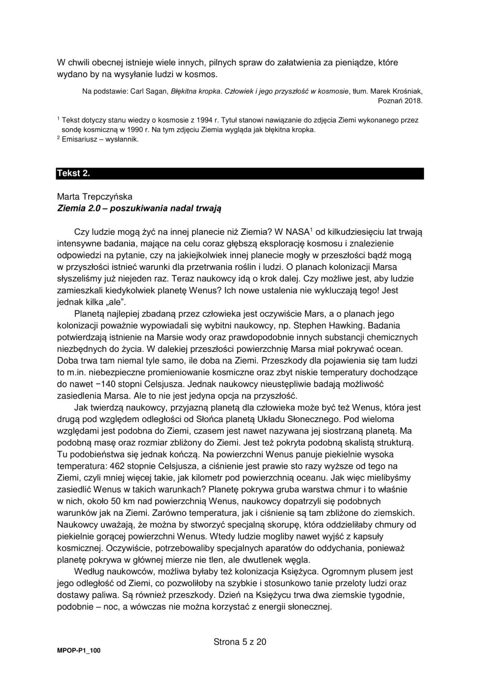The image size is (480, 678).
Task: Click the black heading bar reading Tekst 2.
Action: coord(240,174)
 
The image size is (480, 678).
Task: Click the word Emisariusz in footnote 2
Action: coord(79,139)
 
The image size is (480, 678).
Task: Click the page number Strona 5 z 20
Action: coord(240,642)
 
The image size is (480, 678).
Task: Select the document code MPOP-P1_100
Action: coord(79,651)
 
